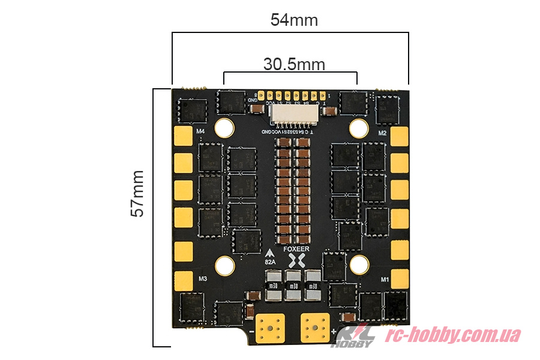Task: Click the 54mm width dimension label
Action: [294, 20]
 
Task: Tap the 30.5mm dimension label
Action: [294, 64]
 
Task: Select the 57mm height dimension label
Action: [137, 193]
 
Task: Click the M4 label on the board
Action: [200, 131]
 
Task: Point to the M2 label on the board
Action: [382, 133]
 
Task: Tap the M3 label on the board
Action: [202, 279]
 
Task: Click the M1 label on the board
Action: [385, 279]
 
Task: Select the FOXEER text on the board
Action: [296, 248]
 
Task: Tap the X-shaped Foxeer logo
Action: [296, 261]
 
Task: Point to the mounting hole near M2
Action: [359, 127]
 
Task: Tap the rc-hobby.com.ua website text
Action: [452, 335]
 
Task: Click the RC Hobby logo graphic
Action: [355, 336]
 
